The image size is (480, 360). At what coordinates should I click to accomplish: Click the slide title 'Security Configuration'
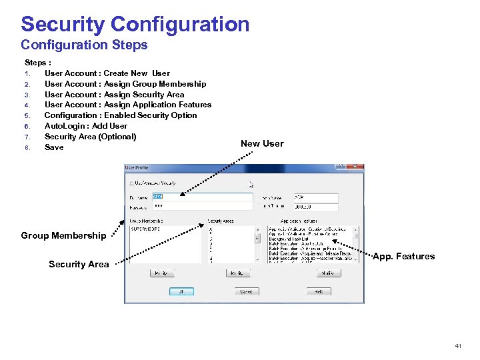click(x=135, y=25)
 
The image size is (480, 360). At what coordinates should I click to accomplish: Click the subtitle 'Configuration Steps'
click(x=84, y=45)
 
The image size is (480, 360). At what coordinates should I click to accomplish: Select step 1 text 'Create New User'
click(x=107, y=73)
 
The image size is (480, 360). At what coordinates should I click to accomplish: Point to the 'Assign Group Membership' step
click(x=125, y=84)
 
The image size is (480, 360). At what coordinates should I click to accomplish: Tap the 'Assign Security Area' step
click(x=114, y=95)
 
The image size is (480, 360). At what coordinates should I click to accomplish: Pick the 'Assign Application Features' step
click(x=127, y=105)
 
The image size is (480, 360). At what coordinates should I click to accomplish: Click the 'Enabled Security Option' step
click(x=120, y=115)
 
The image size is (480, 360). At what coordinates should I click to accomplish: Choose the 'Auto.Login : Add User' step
click(x=85, y=126)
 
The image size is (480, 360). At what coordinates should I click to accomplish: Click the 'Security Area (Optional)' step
click(x=90, y=137)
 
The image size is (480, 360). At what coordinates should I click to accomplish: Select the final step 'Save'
click(x=54, y=147)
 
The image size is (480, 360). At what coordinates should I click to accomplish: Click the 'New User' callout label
click(x=262, y=143)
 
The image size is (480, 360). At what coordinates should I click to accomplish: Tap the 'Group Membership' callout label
click(x=63, y=235)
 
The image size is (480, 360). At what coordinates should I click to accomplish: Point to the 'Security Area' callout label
click(x=79, y=264)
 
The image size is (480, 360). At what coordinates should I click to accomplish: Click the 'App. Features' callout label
click(x=403, y=257)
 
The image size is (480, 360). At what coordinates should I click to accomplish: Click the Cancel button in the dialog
click(x=246, y=291)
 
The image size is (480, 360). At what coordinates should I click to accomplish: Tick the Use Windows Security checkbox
click(x=131, y=182)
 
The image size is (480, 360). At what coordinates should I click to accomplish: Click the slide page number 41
click(x=458, y=346)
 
